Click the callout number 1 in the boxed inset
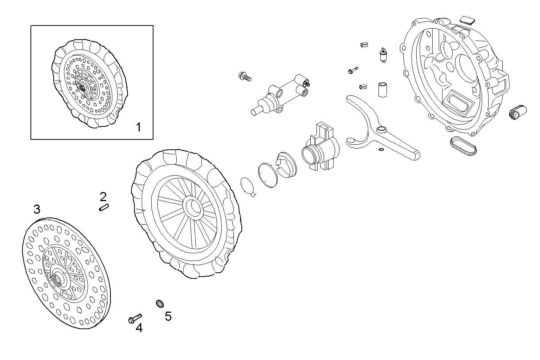click(x=139, y=127)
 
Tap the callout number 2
click(x=103, y=197)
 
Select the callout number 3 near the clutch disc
click(x=37, y=209)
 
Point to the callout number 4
click(x=139, y=328)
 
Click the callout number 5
click(x=168, y=316)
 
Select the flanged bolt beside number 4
click(x=134, y=318)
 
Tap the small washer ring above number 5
click(x=160, y=304)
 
